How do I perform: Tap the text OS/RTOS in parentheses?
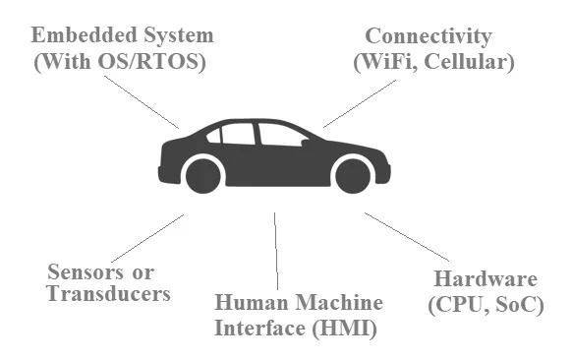(152, 61)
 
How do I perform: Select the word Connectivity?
(428, 36)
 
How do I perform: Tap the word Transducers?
(109, 293)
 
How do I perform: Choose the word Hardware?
(487, 278)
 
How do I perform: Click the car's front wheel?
(352, 175)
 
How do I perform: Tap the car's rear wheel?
(203, 176)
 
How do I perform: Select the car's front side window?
(280, 134)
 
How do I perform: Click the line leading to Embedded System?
(142, 101)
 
